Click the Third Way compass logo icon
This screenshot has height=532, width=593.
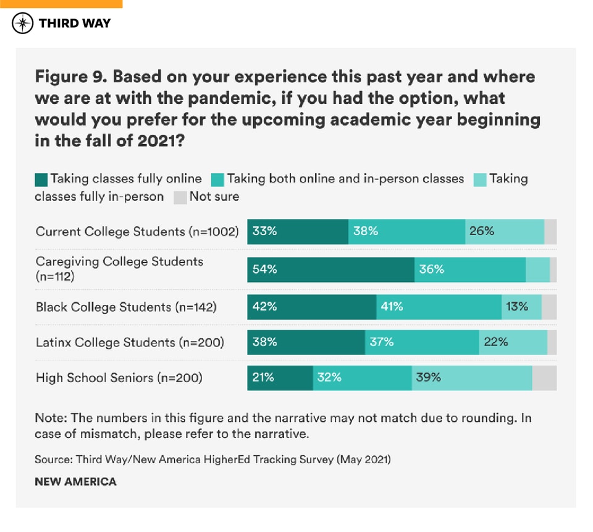coord(23,24)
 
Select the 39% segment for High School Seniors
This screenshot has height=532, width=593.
coord(472,377)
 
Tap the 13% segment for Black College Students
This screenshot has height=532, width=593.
coord(521,306)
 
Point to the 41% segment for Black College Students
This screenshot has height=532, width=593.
coord(439,306)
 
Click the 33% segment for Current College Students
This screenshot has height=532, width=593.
coord(298,231)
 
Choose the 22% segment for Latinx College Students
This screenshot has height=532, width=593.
coord(513,341)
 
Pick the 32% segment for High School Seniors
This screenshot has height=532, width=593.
coord(362,377)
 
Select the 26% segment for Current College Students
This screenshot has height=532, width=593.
coord(504,231)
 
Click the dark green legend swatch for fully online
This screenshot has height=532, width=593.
coord(41,179)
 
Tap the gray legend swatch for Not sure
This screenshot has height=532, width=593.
coord(180,197)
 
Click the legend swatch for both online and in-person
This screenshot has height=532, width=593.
coord(217,179)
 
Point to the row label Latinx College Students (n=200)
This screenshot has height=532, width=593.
coord(130,342)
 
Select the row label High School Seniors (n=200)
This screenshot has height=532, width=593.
coord(119,377)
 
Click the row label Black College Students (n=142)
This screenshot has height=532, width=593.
coord(126,307)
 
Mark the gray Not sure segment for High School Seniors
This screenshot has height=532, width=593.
coord(544,377)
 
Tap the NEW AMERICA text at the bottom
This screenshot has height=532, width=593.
coord(75,481)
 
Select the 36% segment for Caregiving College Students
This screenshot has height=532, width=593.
coord(469,270)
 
